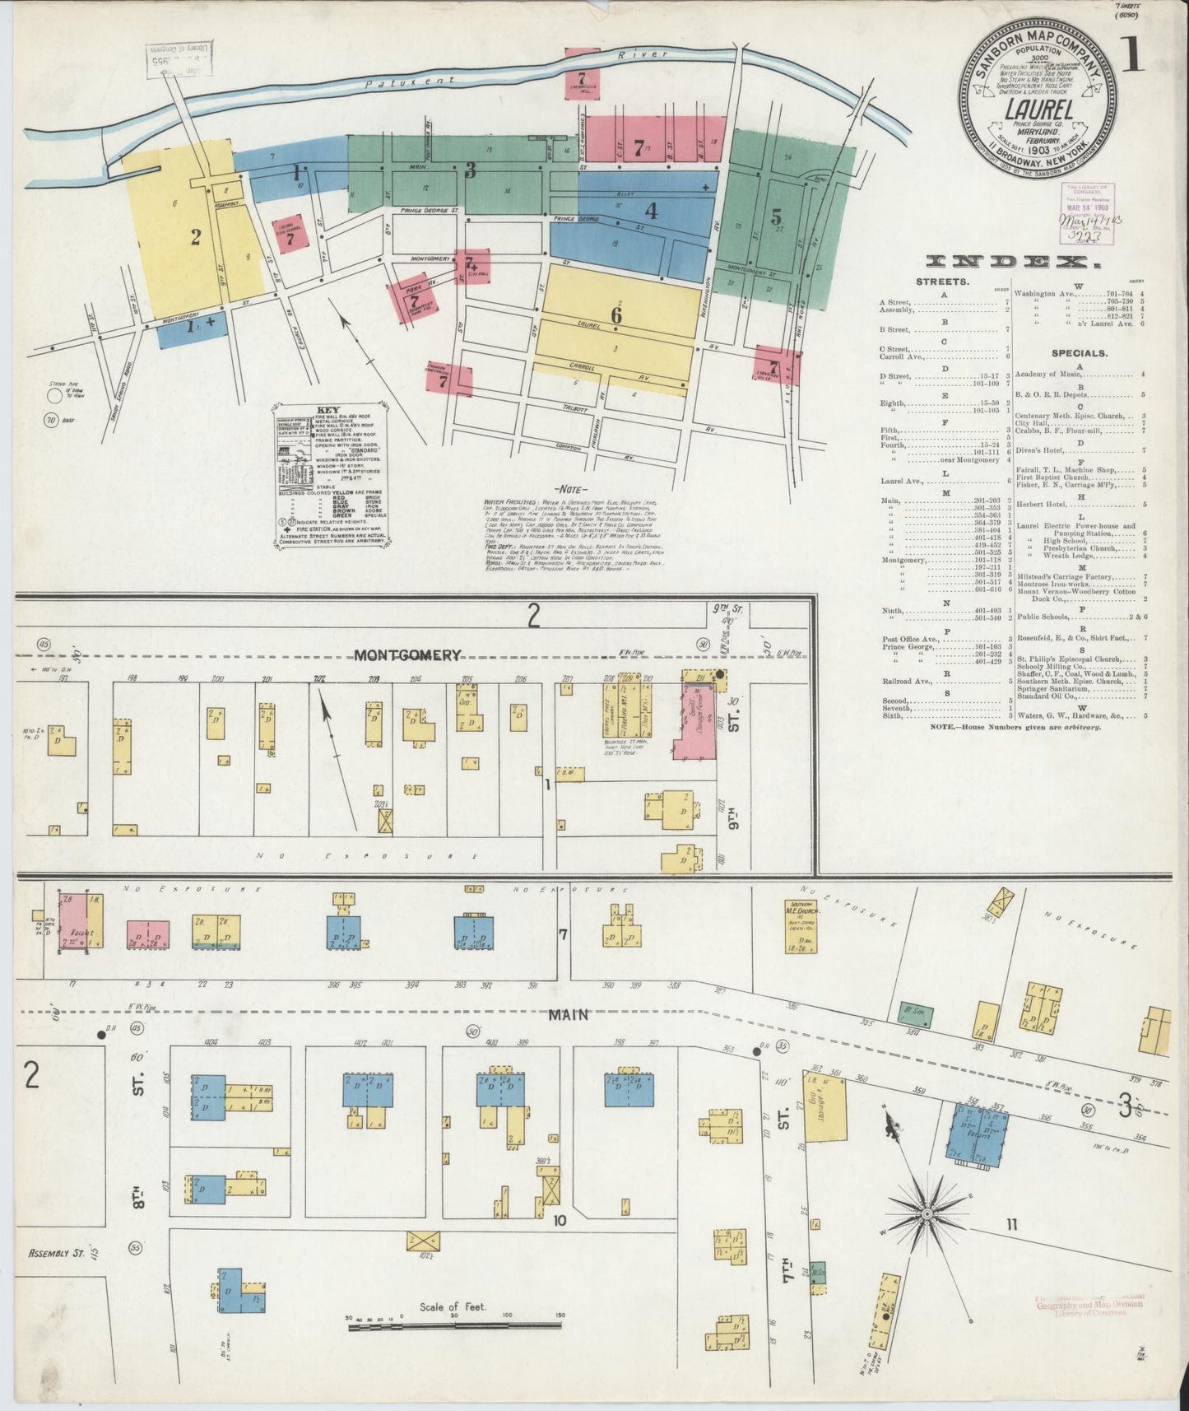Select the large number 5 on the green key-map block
point(776,217)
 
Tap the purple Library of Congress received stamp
point(1086,212)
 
